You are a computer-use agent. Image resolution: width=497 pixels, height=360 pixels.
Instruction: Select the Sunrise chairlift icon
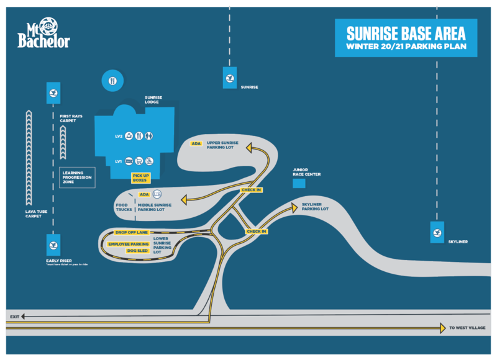(230, 78)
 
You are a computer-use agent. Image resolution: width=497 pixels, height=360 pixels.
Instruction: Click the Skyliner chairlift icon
(437, 232)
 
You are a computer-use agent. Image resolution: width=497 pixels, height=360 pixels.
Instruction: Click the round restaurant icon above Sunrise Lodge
(112, 81)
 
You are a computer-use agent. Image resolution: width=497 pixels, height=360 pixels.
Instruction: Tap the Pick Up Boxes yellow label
(141, 178)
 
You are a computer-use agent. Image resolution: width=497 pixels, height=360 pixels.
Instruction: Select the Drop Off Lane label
(130, 232)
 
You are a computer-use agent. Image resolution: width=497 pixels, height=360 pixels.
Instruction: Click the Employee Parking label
(129, 244)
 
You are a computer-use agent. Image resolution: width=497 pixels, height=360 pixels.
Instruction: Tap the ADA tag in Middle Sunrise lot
(144, 194)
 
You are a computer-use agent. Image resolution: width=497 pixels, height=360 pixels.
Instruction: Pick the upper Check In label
(251, 189)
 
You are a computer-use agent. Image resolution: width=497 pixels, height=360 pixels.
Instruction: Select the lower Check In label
(256, 232)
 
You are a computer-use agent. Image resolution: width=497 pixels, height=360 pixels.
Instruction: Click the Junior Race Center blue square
(299, 184)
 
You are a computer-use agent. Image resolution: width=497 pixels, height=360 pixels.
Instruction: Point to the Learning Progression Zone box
(77, 178)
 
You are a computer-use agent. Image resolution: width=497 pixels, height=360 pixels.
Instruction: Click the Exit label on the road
(15, 317)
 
